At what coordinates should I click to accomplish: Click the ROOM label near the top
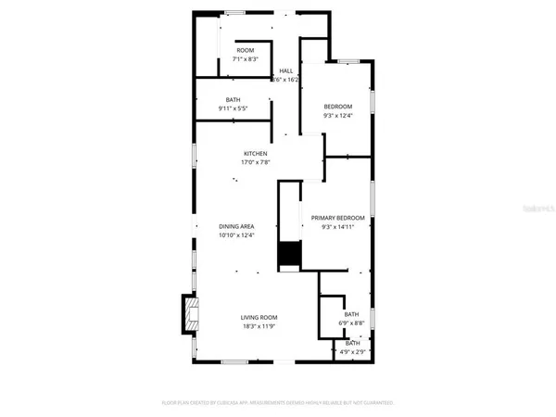(x=245, y=50)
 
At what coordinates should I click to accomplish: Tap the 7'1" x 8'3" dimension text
(x=245, y=59)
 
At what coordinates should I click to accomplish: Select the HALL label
(x=286, y=70)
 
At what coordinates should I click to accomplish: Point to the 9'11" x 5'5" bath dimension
(x=234, y=108)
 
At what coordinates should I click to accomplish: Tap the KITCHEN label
(x=256, y=153)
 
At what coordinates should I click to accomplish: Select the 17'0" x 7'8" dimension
(x=256, y=162)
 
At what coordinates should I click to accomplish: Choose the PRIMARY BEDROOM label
(x=338, y=218)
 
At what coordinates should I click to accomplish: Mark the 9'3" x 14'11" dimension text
(x=338, y=227)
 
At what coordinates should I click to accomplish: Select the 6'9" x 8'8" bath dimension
(x=351, y=323)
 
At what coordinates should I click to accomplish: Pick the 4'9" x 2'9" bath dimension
(x=351, y=352)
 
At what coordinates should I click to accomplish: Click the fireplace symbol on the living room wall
(x=189, y=312)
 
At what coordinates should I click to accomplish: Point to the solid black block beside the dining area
(x=291, y=254)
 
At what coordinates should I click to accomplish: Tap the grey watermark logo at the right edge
(x=537, y=211)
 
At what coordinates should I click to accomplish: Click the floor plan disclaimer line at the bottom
(x=278, y=403)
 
